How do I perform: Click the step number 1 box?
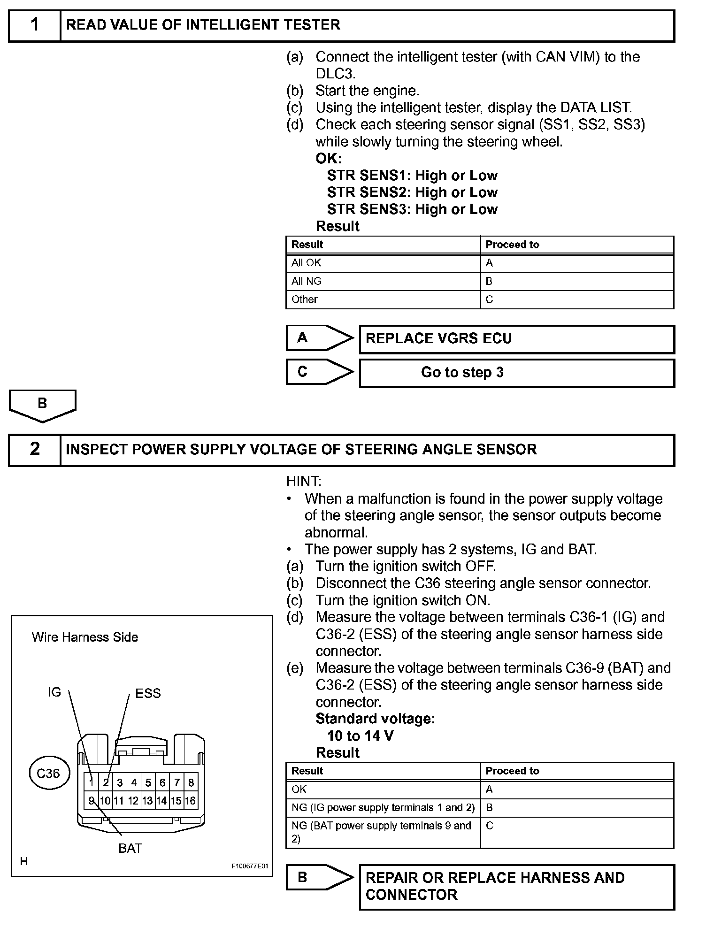point(35,25)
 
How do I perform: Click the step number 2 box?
point(35,450)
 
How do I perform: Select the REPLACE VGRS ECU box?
point(516,339)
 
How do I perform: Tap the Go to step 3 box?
point(516,373)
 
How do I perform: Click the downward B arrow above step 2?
point(42,405)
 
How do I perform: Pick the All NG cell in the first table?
point(383,281)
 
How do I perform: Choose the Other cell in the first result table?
point(383,299)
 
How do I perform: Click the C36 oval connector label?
point(48,774)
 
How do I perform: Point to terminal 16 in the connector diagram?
point(190,801)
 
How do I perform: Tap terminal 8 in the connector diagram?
point(191,782)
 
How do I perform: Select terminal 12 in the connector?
point(133,801)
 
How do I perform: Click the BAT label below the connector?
point(130,848)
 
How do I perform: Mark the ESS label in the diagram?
point(148,693)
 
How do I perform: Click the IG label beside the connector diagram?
point(54,692)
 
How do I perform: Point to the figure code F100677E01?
point(249,866)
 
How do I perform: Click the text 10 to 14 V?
point(360,736)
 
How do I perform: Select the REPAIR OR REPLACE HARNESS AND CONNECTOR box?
point(516,887)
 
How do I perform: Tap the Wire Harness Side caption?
point(85,637)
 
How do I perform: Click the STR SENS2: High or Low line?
point(412,192)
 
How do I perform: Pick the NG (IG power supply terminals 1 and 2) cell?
point(383,807)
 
